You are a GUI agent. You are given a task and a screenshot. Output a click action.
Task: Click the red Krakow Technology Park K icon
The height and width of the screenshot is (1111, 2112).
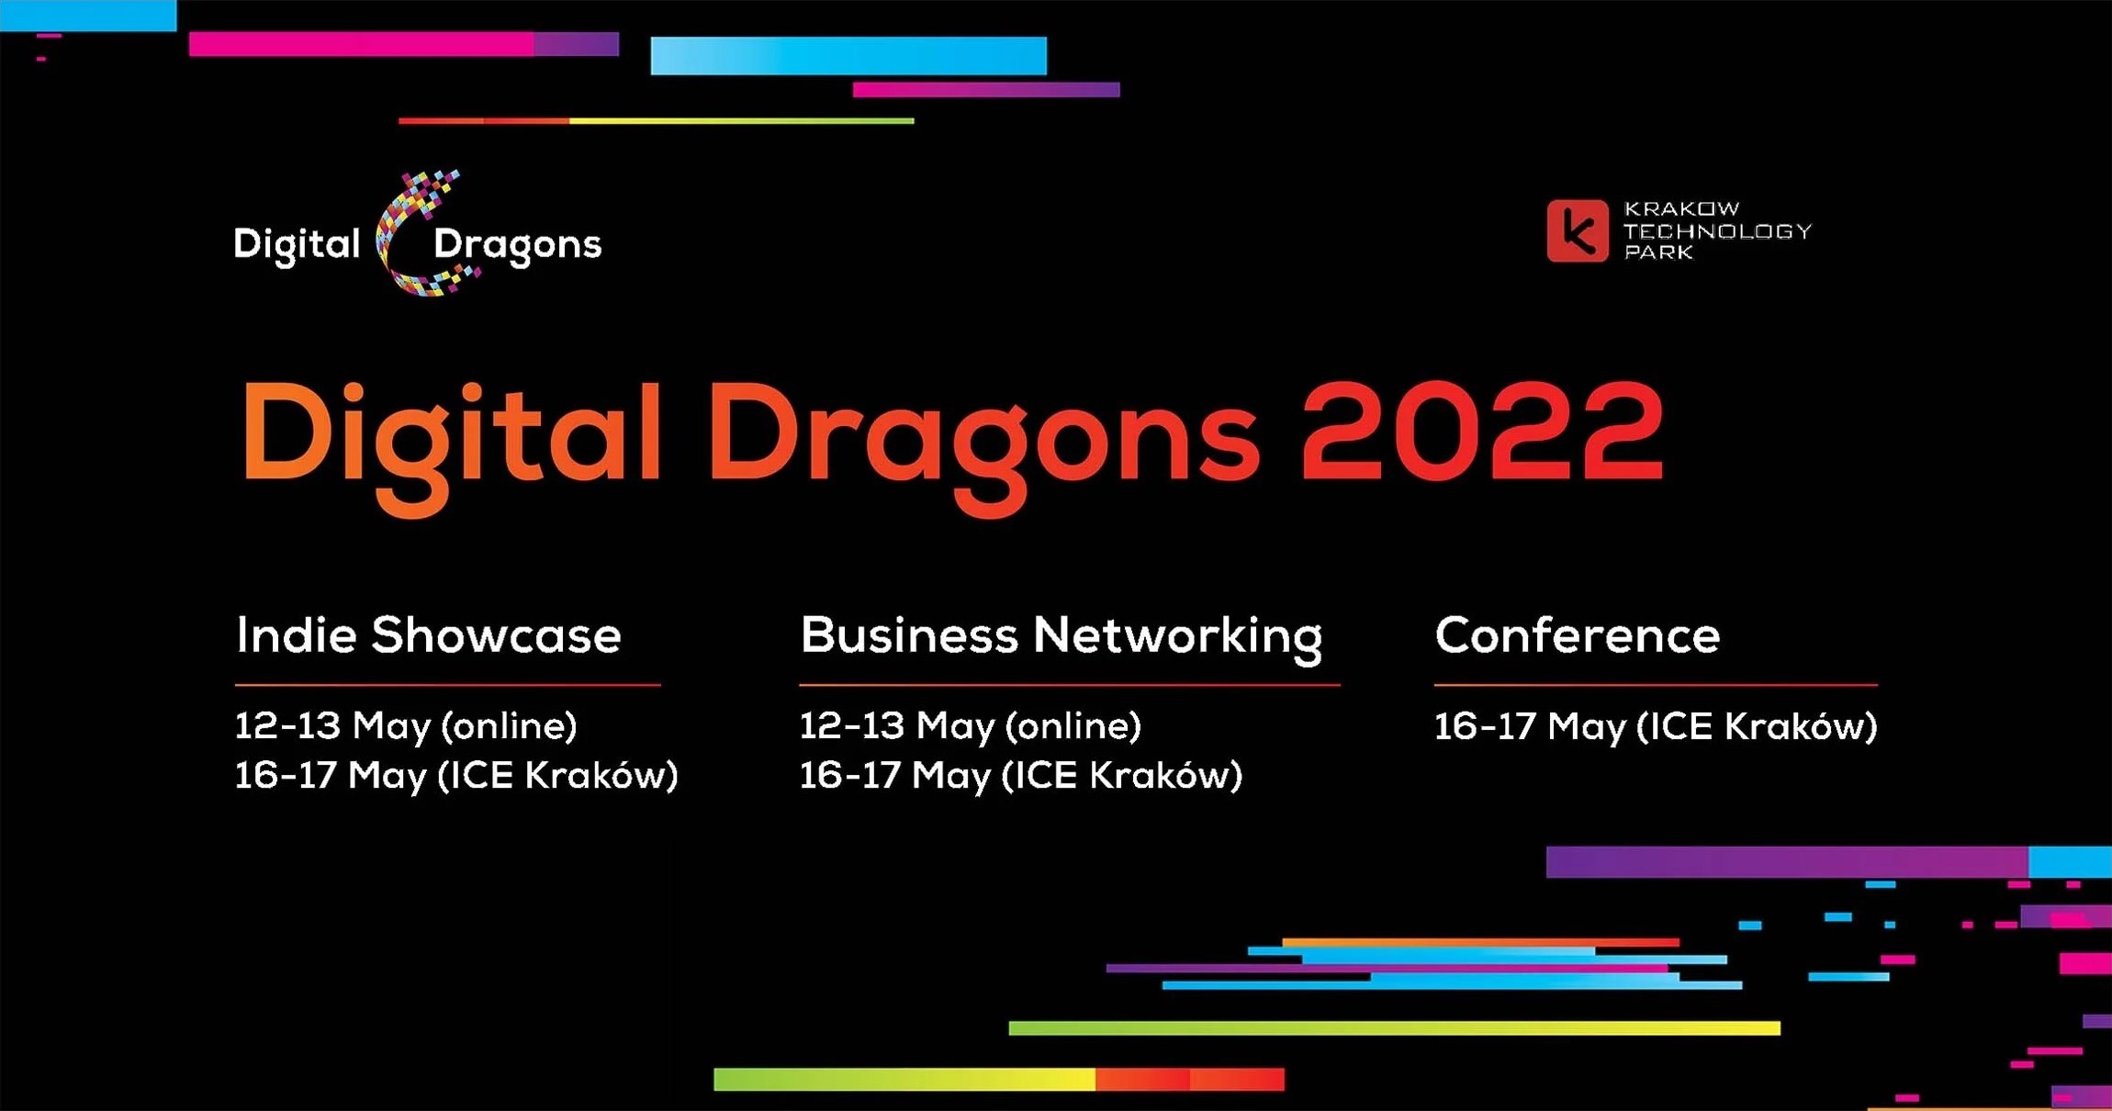click(x=1577, y=230)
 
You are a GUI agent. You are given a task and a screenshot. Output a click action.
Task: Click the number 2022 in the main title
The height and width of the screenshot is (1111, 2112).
click(x=1481, y=432)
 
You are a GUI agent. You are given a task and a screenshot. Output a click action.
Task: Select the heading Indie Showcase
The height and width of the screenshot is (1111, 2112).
click(x=428, y=635)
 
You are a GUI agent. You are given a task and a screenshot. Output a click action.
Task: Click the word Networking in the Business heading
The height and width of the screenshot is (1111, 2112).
click(x=1178, y=636)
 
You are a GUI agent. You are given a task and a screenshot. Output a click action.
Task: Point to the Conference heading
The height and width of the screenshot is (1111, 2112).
click(x=1577, y=635)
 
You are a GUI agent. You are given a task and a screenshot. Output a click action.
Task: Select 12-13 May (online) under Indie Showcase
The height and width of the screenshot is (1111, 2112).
click(x=406, y=726)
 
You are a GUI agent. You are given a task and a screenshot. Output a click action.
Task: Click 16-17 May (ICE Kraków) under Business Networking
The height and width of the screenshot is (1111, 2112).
click(x=1020, y=776)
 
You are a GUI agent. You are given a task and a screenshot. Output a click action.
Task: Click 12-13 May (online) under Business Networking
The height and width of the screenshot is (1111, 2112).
click(x=970, y=726)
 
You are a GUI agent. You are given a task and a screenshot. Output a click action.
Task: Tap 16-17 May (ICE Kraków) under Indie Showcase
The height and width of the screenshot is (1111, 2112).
click(x=455, y=776)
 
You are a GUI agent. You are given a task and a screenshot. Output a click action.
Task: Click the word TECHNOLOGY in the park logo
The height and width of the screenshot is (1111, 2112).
click(x=1717, y=230)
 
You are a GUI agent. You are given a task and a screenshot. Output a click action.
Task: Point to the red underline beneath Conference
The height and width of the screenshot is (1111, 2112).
click(x=1655, y=685)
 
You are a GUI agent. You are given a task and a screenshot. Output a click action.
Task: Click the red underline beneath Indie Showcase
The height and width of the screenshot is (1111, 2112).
click(x=447, y=685)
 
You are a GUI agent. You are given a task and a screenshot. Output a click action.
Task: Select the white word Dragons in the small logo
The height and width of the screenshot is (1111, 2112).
click(x=517, y=245)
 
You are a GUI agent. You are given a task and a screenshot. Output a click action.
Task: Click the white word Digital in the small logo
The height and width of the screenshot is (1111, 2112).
click(x=297, y=245)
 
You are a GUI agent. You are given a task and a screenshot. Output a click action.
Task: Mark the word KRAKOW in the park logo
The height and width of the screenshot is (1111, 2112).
click(x=1681, y=208)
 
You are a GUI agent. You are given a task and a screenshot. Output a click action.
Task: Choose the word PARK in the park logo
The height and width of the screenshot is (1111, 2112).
click(x=1657, y=252)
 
